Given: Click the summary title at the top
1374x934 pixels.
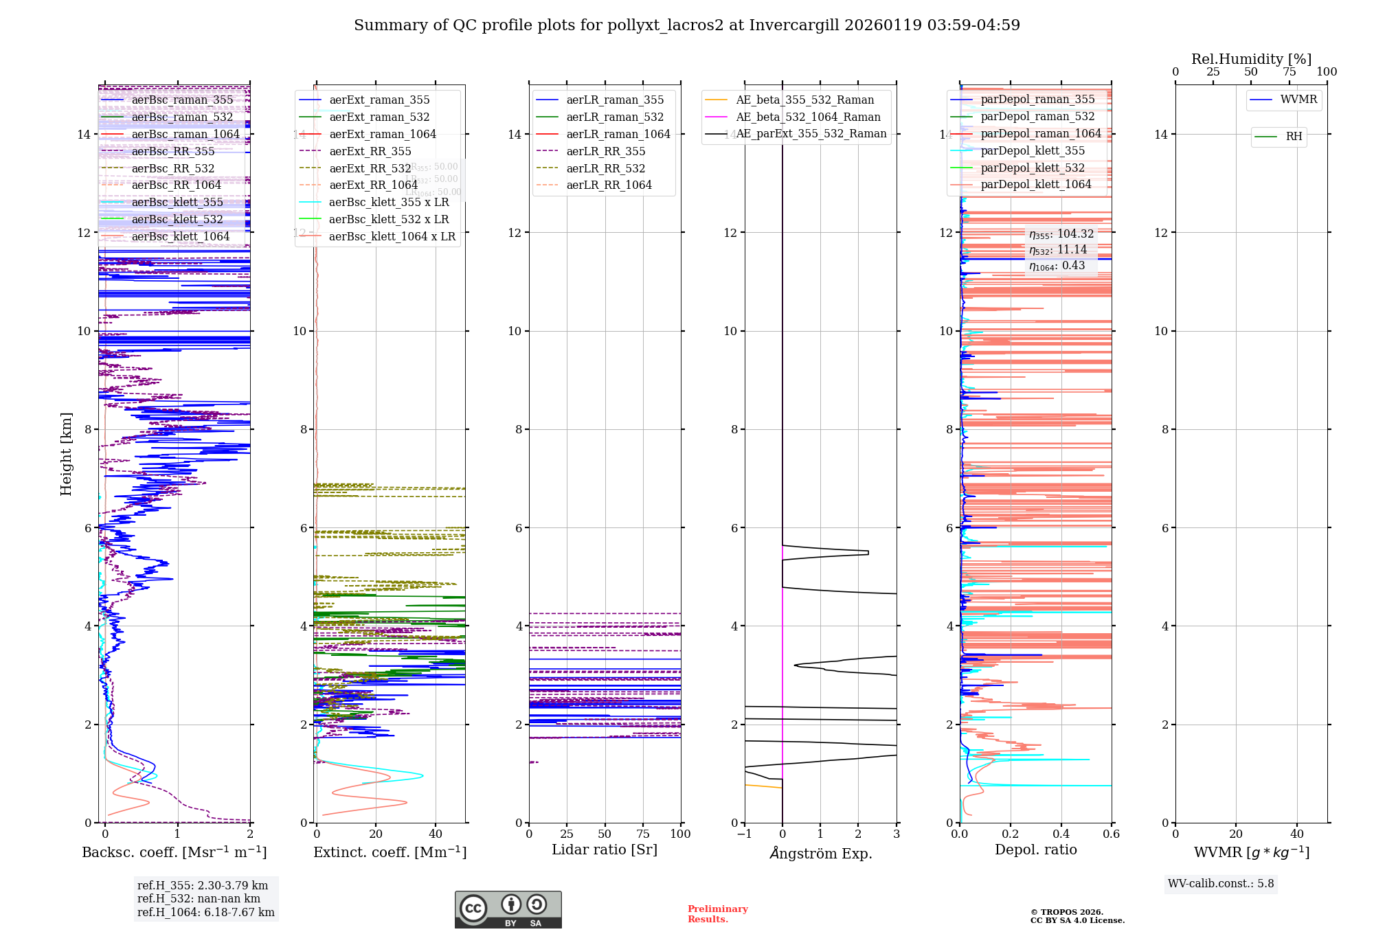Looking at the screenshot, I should click(x=686, y=25).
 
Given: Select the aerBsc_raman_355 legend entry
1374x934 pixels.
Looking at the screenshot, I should click(x=182, y=100).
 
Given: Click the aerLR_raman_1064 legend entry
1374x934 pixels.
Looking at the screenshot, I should click(x=618, y=135).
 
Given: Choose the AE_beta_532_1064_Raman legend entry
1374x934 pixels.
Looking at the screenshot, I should click(x=808, y=117).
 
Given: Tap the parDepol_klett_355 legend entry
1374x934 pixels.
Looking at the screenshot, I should click(x=1033, y=151).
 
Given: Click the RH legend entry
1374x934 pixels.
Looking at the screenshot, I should click(x=1294, y=137).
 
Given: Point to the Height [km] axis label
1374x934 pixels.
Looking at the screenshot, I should click(x=66, y=453).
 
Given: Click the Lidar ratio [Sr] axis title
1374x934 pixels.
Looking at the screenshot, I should click(x=605, y=850).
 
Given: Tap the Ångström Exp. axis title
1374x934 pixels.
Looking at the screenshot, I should click(x=821, y=854).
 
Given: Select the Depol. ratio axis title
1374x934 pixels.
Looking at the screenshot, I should click(x=1036, y=850).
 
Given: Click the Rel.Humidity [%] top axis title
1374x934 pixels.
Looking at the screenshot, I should click(x=1251, y=59).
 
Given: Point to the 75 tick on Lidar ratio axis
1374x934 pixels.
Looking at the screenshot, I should click(x=643, y=834).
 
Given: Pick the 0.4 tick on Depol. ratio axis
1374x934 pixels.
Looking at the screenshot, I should click(x=1061, y=834).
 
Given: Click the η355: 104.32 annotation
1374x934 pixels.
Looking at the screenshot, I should click(x=1061, y=234).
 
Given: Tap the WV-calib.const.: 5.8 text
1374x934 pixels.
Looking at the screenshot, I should click(x=1221, y=884).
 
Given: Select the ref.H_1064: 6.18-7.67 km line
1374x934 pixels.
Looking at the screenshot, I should click(x=205, y=913).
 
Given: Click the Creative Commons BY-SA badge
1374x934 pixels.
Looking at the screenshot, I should click(x=508, y=909).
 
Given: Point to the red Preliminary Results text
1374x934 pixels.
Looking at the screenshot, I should click(x=717, y=914).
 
